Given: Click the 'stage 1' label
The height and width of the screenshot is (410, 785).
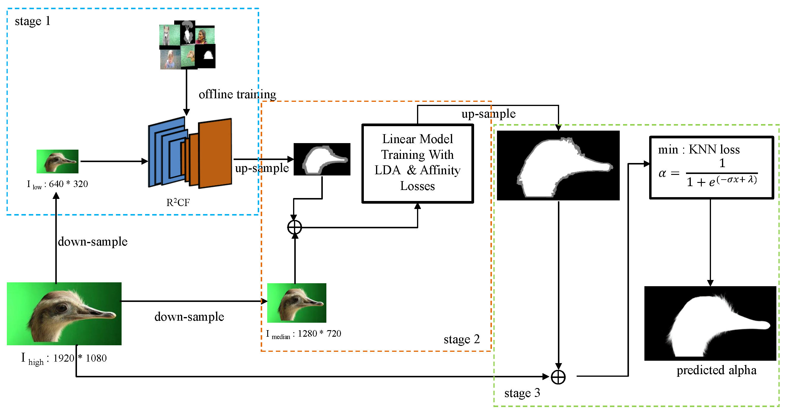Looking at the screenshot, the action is [32, 21].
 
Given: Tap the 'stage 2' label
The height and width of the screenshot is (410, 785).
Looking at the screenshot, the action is [462, 339].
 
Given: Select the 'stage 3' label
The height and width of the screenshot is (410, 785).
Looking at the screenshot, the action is [522, 393].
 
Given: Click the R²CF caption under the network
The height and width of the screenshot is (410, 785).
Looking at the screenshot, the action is [178, 202].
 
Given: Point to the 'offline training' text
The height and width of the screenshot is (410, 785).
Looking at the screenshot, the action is [237, 94].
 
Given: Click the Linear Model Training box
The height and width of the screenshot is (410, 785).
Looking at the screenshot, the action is [418, 164].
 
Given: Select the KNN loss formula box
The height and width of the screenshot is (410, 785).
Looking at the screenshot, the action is [712, 167].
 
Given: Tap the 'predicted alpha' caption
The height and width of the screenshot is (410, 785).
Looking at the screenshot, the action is [716, 370].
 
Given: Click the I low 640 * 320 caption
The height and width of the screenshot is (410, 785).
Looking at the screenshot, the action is [57, 184].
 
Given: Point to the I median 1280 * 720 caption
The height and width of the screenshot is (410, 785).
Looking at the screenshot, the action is [303, 334].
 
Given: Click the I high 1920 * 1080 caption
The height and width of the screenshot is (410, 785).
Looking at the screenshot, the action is [64, 358].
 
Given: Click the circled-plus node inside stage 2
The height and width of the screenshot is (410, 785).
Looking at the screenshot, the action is [295, 227].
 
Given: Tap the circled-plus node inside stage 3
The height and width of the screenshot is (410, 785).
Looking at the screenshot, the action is [558, 377].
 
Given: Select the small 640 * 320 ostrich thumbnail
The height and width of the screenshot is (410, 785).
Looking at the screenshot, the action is [57, 161].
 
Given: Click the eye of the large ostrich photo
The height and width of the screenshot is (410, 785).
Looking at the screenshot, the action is [62, 308].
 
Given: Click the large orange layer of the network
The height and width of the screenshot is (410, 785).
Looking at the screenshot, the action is [215, 153].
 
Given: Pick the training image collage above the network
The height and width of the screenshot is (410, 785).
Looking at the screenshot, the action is [187, 45].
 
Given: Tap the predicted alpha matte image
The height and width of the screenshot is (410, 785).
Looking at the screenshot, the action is [710, 323].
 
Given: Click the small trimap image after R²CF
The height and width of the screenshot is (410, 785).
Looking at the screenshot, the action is [322, 159].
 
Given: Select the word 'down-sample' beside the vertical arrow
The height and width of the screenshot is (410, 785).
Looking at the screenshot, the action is [93, 242].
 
